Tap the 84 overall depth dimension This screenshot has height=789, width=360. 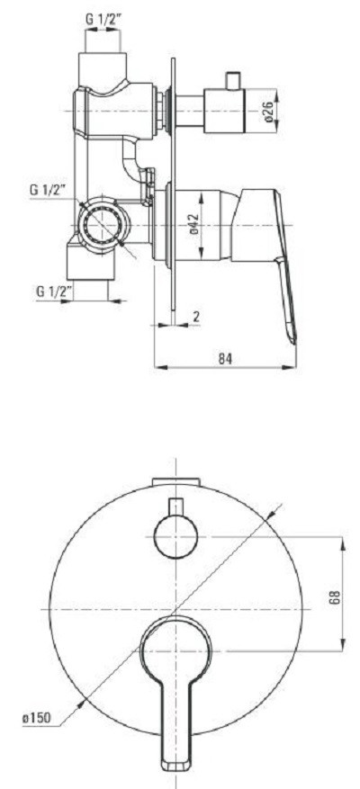[225, 358]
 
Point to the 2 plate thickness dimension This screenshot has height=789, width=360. [196, 316]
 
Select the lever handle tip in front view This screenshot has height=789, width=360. [175, 764]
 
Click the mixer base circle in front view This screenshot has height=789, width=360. [175, 649]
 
